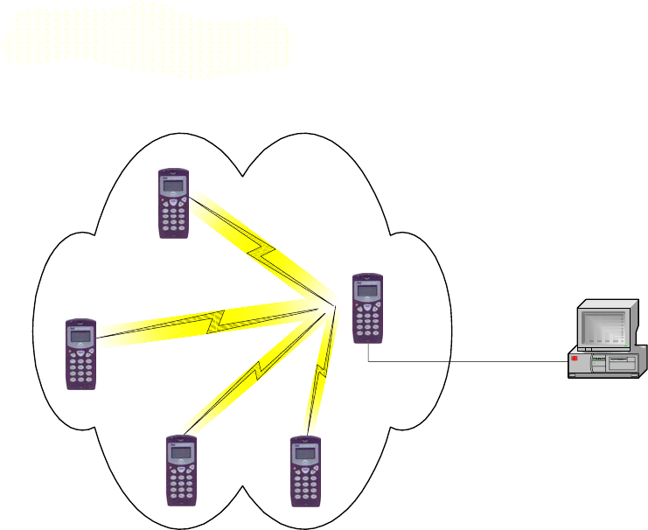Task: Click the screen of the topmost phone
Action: (174, 187)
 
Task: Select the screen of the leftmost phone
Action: (81, 337)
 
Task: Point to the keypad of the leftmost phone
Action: (81, 366)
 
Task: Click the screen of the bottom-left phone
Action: (182, 453)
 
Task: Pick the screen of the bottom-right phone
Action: (306, 453)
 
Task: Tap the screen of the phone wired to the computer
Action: (368, 290)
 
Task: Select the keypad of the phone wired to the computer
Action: (368, 319)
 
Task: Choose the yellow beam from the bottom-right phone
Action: (320, 372)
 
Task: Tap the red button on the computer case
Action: (575, 359)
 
